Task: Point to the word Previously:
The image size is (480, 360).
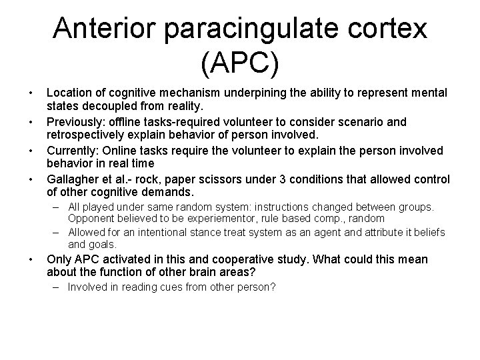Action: (75, 123)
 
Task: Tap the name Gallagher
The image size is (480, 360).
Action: (74, 179)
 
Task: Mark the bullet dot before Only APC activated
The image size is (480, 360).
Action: (23, 259)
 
